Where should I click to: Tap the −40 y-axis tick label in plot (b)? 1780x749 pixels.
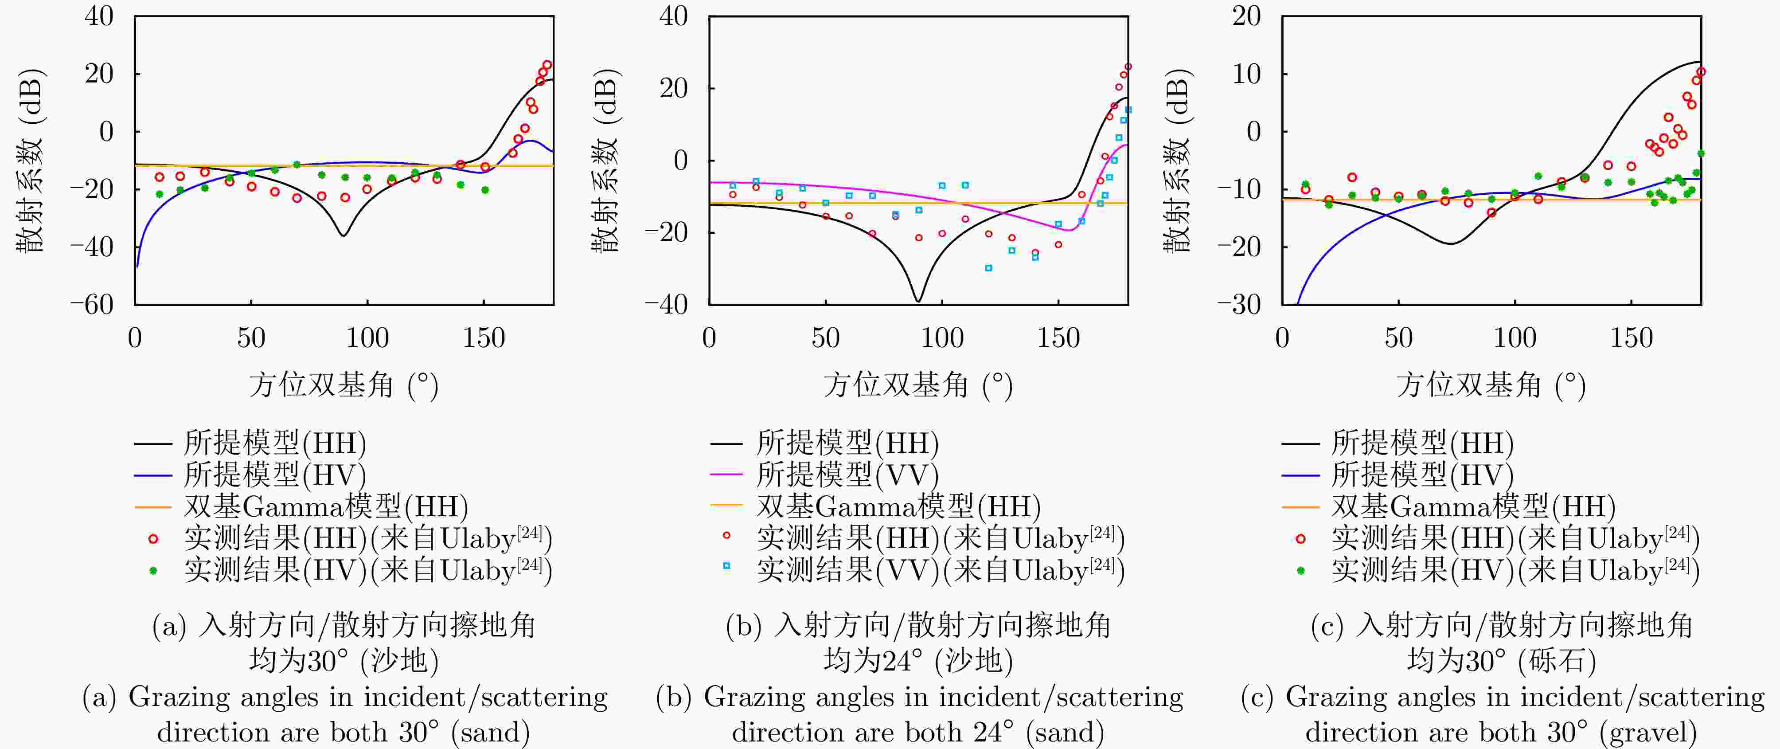667,304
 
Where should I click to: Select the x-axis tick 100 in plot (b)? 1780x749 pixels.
942,338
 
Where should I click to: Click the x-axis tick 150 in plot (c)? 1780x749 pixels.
1632,338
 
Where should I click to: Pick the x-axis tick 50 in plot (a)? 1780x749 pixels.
251,338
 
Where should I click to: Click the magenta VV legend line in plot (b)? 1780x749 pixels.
726,474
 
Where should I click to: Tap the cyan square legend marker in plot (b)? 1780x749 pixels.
726,566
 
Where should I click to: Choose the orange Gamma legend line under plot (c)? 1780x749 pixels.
1300,507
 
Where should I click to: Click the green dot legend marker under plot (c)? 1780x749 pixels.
1300,571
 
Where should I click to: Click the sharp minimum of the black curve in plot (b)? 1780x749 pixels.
918,301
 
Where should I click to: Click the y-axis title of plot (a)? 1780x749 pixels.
31,161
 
